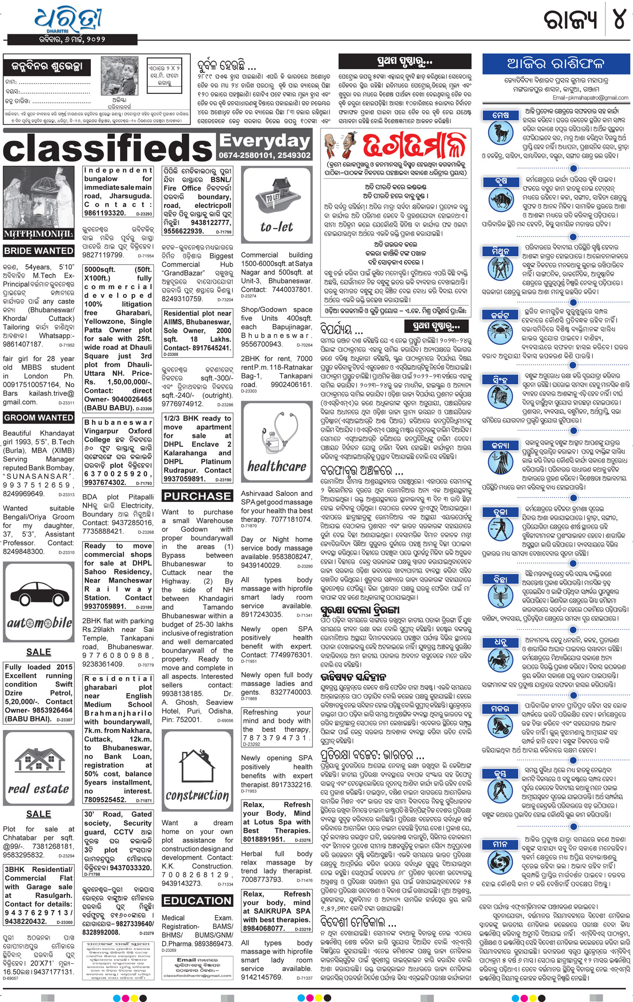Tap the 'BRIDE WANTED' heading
(39, 251)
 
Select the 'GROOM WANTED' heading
(39, 418)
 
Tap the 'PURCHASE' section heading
(197, 496)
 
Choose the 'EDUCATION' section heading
(197, 901)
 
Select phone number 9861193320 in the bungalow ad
(105, 213)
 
